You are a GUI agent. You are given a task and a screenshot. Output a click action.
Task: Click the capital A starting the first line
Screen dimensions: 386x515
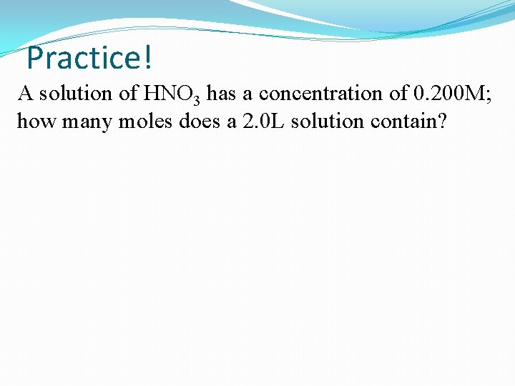[25, 94]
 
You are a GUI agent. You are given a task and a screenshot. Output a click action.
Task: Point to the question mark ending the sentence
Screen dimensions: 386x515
[442, 122]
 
